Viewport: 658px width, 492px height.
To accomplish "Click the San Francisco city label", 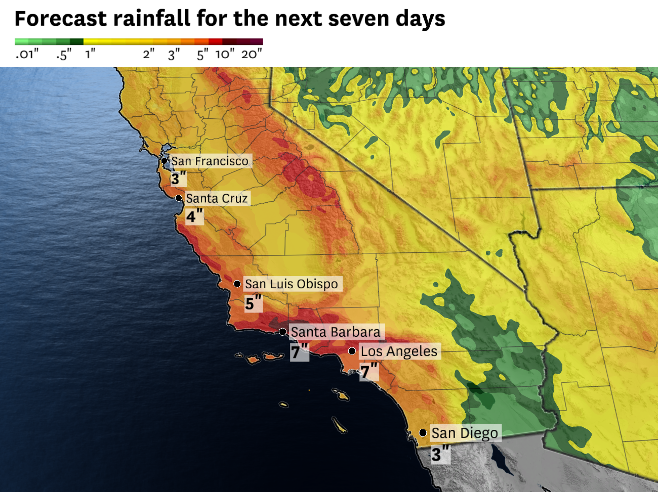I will tap(210, 161).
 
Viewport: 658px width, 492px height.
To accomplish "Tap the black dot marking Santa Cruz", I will tap(179, 198).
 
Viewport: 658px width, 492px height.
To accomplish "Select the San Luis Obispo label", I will tap(292, 284).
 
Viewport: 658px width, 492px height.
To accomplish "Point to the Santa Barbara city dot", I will tap(283, 332).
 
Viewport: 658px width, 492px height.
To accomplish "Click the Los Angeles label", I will tap(399, 351).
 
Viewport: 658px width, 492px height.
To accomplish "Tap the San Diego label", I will tap(465, 433).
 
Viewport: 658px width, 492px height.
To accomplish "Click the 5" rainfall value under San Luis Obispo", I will tap(253, 303).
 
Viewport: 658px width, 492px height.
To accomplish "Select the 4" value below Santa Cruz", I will tap(194, 216).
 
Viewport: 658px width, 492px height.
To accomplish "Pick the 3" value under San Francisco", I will tap(178, 178).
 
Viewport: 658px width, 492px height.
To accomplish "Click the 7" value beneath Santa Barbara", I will tap(299, 351).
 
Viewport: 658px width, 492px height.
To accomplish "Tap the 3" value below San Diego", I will tap(440, 454).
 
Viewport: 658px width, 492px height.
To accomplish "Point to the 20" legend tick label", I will tap(252, 54).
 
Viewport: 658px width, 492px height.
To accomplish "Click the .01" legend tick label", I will tap(26, 54).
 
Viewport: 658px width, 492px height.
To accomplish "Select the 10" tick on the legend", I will tap(225, 54).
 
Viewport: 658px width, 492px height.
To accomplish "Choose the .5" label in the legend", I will tap(64, 54).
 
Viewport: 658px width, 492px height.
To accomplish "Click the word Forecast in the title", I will tap(61, 19).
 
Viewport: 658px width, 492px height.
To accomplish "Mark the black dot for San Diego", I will tap(423, 433).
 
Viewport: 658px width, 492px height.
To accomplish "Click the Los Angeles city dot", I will tap(352, 351).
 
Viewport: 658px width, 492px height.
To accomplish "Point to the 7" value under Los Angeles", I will tap(369, 372).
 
